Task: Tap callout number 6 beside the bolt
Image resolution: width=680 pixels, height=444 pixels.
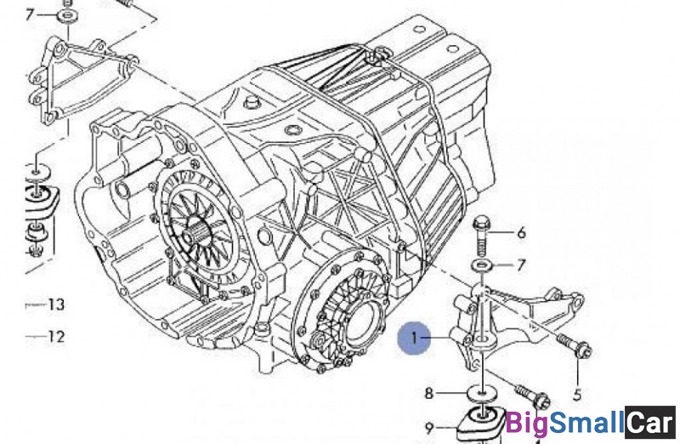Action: tap(521, 232)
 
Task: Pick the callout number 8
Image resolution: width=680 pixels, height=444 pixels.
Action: tap(429, 393)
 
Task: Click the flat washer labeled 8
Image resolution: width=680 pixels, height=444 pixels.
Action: tap(481, 394)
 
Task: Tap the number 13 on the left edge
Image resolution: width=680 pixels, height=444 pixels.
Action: tap(56, 304)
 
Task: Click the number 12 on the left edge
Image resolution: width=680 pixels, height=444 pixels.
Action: tap(56, 336)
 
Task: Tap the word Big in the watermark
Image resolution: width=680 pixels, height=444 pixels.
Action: tap(526, 422)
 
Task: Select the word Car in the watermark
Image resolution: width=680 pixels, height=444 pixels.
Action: tap(649, 422)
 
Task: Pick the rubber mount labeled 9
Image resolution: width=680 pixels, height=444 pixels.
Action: tap(480, 425)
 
